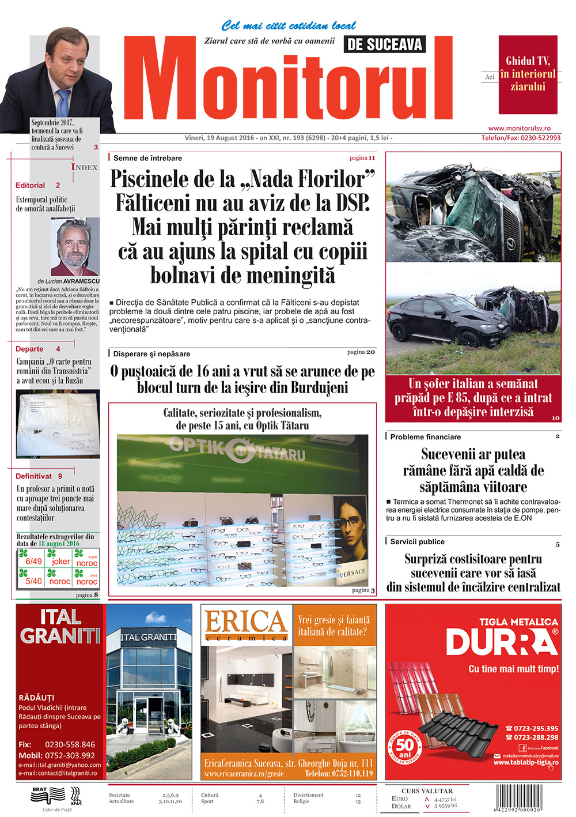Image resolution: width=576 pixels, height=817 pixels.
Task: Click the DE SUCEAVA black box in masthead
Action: click(385, 44)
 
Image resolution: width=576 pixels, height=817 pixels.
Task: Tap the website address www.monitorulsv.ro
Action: click(519, 129)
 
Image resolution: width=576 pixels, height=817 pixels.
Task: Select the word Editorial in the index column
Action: click(30, 186)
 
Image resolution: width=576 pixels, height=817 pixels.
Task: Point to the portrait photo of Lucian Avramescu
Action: click(74, 247)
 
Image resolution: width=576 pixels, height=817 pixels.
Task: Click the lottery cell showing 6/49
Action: click(33, 561)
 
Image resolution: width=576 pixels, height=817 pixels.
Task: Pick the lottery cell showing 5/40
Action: click(33, 581)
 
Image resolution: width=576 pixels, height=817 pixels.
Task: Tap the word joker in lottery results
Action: click(60, 561)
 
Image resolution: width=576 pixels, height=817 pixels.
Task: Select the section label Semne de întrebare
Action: click(147, 158)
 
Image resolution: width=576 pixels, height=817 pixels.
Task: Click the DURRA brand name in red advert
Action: click(501, 642)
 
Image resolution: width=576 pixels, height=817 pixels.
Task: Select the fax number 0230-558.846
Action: click(70, 744)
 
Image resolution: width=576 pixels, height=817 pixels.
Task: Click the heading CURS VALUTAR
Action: click(427, 790)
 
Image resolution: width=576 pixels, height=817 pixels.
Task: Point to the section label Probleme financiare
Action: click(425, 437)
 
